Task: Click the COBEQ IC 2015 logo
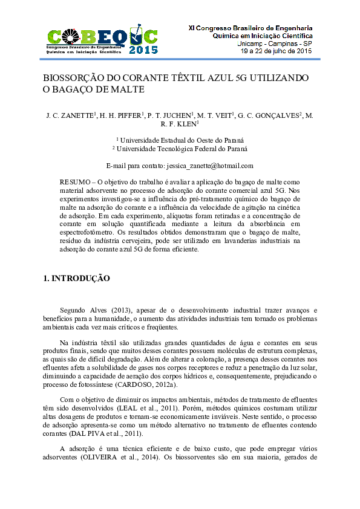[102, 40]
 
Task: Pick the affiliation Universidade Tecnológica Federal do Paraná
[180, 149]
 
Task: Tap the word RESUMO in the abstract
[74, 182]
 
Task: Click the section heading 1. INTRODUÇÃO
[76, 279]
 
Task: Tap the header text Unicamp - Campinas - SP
[273, 44]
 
